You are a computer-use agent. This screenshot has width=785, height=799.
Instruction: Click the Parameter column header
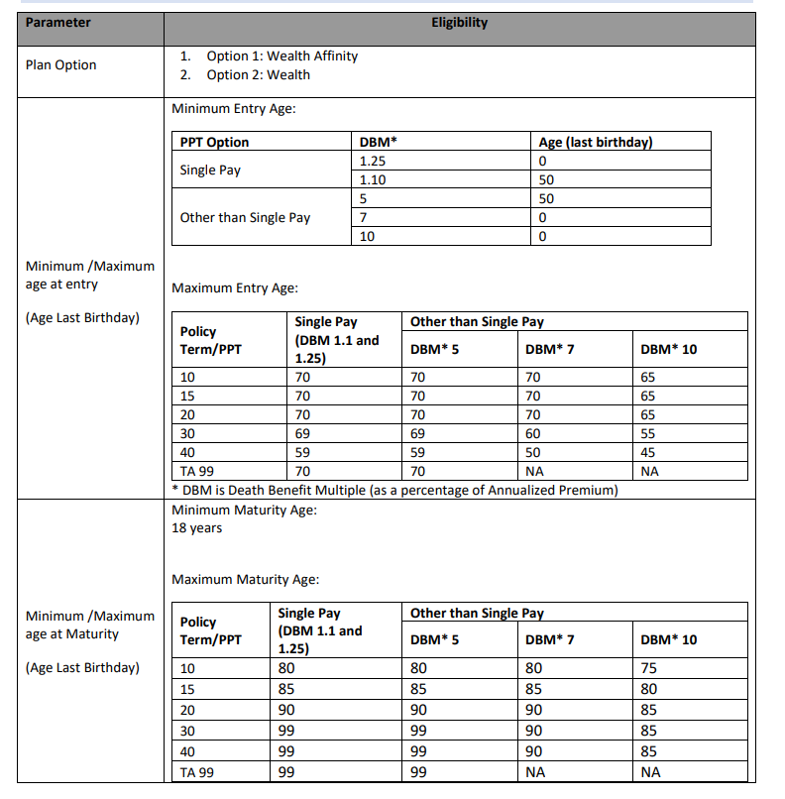click(58, 23)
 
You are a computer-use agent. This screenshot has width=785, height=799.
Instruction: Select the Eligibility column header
click(459, 23)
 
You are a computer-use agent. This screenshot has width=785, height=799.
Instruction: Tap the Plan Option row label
click(61, 65)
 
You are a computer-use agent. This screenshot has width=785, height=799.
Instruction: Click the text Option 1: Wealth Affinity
click(281, 57)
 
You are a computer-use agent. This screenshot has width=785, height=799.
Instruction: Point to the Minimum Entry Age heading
click(234, 109)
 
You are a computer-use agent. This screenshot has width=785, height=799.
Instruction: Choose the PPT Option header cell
click(215, 143)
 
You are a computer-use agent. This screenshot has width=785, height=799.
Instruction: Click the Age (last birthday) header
click(596, 143)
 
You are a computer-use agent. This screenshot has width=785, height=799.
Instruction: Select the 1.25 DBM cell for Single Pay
click(372, 161)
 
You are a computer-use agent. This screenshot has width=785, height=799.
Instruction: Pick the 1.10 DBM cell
click(372, 179)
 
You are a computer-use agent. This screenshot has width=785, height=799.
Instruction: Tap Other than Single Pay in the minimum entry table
click(245, 218)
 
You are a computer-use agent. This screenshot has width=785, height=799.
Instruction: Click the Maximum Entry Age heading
click(235, 288)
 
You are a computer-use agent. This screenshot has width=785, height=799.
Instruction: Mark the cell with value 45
click(649, 453)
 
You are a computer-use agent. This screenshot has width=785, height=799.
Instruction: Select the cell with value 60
click(533, 434)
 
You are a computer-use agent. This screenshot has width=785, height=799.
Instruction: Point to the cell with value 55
click(649, 434)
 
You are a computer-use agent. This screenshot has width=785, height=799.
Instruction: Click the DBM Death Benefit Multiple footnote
click(394, 490)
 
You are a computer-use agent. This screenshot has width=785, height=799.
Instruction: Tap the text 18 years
click(196, 528)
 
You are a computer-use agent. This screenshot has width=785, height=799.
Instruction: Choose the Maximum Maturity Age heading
click(245, 580)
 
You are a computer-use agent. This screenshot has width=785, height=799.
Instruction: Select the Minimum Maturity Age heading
click(244, 511)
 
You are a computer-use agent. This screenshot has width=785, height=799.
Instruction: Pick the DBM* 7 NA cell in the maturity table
click(535, 772)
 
